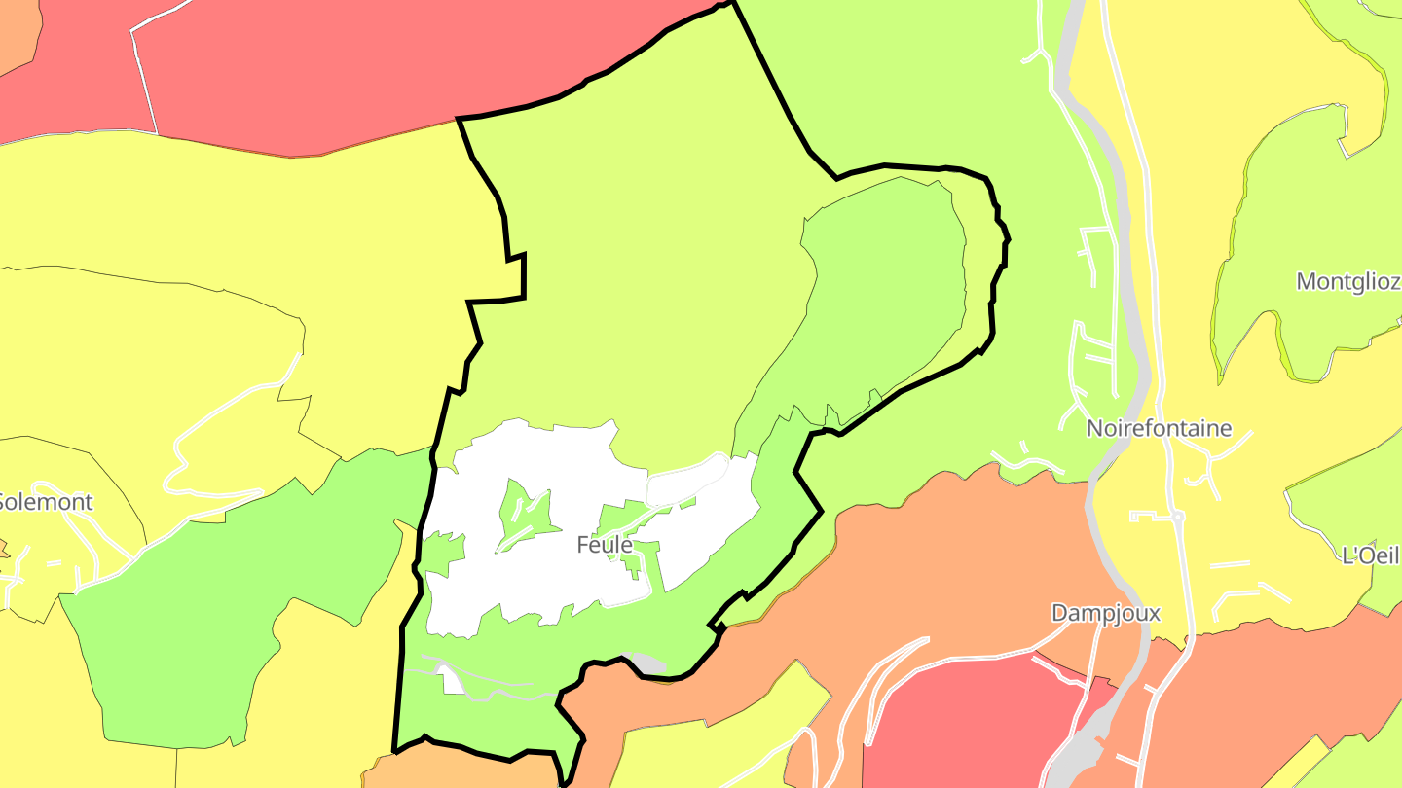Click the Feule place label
pyautogui.click(x=604, y=545)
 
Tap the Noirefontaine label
pyautogui.click(x=1159, y=428)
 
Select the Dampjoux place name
pyautogui.click(x=1105, y=613)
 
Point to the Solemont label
pyautogui.click(x=45, y=502)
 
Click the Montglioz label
pyautogui.click(x=1348, y=282)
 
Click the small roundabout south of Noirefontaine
pyautogui.click(x=1177, y=516)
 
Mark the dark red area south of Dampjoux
pyautogui.click(x=964, y=720)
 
